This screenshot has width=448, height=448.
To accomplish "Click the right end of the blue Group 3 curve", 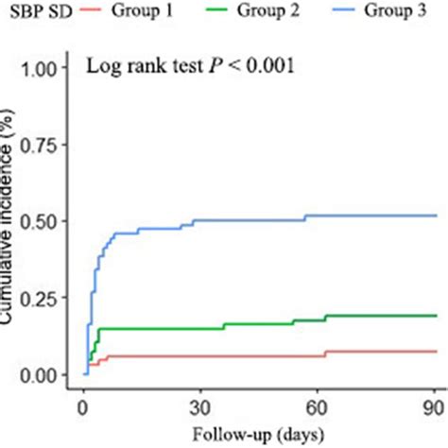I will tap(436, 215).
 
